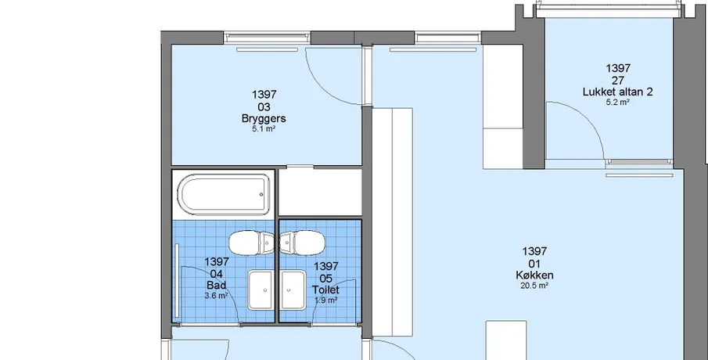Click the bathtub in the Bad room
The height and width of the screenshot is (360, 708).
coord(224,195)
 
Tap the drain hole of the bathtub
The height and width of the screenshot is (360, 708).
coord(261,195)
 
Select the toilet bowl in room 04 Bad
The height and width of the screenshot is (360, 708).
coord(251,243)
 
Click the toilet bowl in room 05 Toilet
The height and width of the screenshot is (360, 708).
coord(302,243)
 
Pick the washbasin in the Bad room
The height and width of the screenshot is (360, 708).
coord(261,290)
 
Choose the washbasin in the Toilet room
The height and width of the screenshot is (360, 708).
coord(293,290)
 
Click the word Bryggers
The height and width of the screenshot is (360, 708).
coord(264,119)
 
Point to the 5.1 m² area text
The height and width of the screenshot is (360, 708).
coord(264,128)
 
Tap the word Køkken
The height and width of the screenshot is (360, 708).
coord(534,275)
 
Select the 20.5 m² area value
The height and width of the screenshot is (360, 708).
coord(534,286)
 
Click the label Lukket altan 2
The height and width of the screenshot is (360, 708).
coord(618,92)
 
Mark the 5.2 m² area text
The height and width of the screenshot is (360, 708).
coord(618,102)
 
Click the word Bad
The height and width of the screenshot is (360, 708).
coord(216,286)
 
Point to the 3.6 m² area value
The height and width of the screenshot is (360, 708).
coord(216,296)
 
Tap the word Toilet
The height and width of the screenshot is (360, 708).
coord(325,290)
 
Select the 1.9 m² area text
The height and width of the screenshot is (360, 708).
coord(326,300)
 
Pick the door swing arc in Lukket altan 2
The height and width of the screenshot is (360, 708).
coord(588,118)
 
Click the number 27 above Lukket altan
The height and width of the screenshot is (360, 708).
coord(618,81)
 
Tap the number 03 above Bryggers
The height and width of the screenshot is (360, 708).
coord(264,107)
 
